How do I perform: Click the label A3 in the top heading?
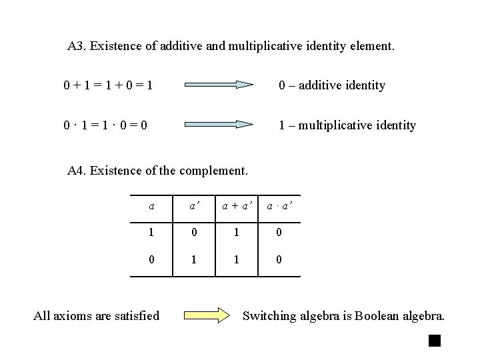[76, 47]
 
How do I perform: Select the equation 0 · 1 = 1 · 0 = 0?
[106, 125]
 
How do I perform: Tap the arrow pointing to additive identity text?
[219, 85]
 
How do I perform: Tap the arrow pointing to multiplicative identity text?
[219, 125]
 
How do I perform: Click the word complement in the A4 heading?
[213, 171]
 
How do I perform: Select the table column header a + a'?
[238, 207]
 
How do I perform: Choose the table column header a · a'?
[279, 207]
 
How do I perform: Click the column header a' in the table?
[193, 207]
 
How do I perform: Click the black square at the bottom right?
[435, 341]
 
